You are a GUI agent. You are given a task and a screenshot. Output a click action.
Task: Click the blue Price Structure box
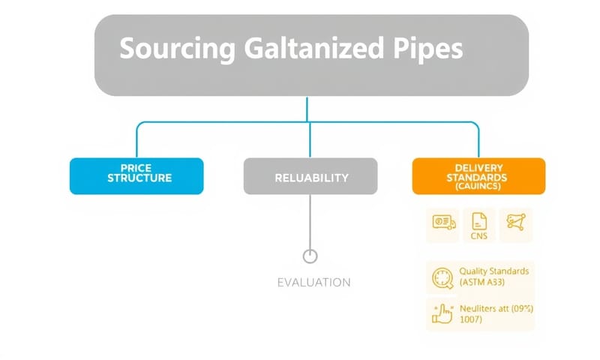136,176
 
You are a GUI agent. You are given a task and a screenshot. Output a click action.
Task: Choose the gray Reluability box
310,177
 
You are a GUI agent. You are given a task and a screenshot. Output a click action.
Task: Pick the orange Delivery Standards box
478,176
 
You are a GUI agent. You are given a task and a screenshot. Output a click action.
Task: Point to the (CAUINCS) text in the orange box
478,187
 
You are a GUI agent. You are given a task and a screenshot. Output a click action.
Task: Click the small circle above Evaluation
310,256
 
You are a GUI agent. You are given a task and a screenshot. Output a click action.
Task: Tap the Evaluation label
313,283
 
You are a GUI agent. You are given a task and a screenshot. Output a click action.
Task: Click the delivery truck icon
444,222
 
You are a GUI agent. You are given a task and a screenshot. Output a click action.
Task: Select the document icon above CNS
479,220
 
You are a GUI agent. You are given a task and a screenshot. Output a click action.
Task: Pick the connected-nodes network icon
515,222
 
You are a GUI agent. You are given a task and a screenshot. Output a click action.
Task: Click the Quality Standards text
494,271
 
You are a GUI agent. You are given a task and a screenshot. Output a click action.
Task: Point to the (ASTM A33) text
487,283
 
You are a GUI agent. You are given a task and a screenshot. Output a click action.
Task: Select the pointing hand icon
442,313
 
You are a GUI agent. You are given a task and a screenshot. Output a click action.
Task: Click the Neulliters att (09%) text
491,307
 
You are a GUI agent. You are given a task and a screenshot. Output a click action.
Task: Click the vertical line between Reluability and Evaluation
310,221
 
